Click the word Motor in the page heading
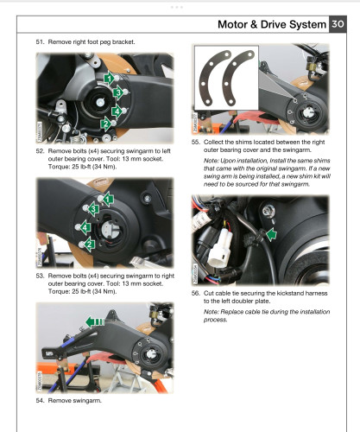pyautogui.click(x=214, y=26)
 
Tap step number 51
pyautogui.click(x=40, y=41)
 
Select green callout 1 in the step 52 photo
pyautogui.click(x=109, y=79)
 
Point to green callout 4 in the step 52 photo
pyautogui.click(x=117, y=111)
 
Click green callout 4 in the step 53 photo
pyautogui.click(x=85, y=226)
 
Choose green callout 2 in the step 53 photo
pyautogui.click(x=91, y=245)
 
